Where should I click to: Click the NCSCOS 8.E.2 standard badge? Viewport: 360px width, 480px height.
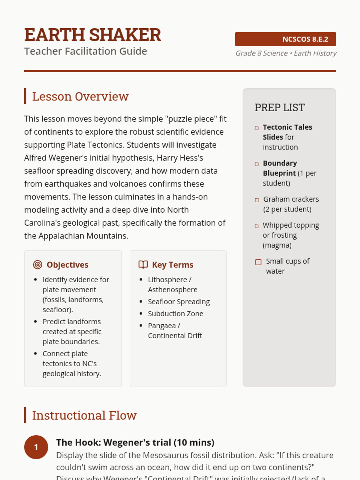pos(285,39)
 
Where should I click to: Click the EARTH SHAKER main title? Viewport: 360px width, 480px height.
pos(93,35)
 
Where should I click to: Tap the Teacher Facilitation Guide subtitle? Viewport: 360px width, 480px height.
pos(85,51)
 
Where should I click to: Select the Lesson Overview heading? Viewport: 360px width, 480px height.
pos(80,97)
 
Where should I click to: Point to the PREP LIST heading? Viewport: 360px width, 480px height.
pos(280,108)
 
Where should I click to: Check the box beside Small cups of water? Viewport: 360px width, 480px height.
pos(258,262)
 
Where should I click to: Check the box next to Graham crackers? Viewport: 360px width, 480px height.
pos(257,200)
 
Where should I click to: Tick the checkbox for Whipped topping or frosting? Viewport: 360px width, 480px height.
pos(256,226)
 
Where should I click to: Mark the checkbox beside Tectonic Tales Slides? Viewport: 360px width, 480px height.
pos(256,128)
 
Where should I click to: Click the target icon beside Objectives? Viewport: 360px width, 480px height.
pos(37,265)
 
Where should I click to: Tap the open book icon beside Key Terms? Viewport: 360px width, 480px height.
pos(143,265)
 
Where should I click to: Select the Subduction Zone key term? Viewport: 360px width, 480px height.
pos(175,314)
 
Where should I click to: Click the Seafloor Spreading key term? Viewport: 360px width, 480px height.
pos(179,302)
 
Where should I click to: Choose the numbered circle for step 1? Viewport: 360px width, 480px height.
pos(36,447)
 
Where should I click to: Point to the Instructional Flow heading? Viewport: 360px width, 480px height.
pos(84,415)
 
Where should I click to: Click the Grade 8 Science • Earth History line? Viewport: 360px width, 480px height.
pos(286,53)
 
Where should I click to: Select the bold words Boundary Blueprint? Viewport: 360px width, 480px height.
pos(280,168)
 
